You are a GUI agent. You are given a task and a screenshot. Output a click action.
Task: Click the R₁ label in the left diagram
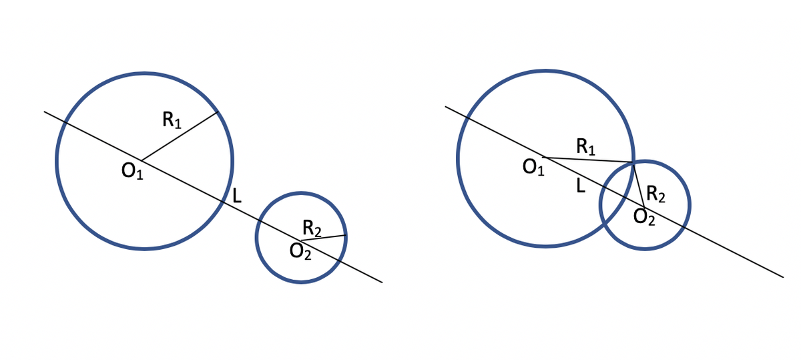(172, 120)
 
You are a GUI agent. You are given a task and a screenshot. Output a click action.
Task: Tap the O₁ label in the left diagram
(132, 172)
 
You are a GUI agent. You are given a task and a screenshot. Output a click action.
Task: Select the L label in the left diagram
(236, 196)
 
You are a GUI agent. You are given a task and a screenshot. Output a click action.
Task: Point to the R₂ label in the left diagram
(312, 228)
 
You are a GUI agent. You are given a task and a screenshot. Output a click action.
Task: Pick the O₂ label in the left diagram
(300, 252)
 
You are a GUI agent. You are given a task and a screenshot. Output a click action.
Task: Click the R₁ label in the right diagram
(585, 146)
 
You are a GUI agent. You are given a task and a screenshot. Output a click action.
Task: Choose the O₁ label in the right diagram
(533, 168)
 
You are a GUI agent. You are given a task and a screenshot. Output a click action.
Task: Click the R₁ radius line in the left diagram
(180, 136)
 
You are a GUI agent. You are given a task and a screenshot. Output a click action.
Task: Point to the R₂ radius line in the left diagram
(323, 238)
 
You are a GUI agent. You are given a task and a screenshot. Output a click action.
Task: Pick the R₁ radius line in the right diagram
(587, 160)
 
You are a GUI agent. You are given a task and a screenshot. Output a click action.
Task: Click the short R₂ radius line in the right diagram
(639, 184)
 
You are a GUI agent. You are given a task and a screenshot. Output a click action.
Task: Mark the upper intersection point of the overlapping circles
(633, 162)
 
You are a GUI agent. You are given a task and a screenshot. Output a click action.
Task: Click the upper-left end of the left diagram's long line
(45, 112)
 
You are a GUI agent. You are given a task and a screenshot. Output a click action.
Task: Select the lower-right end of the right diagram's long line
(783, 277)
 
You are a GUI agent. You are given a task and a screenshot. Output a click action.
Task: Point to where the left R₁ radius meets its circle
(218, 112)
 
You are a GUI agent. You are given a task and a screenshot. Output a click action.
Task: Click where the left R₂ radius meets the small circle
(346, 235)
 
